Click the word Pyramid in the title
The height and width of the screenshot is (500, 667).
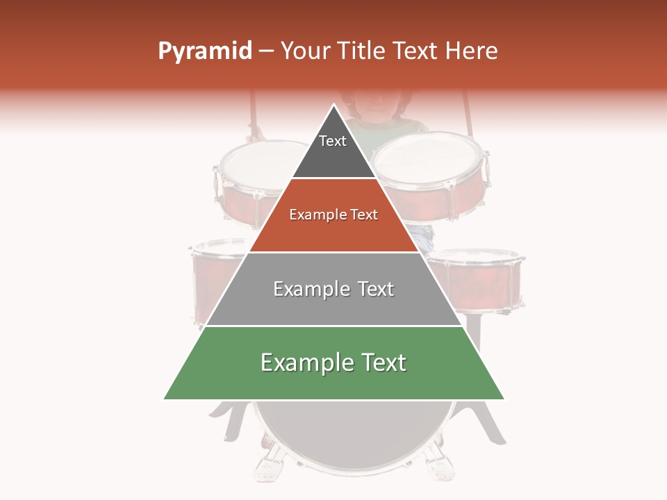click(x=204, y=51)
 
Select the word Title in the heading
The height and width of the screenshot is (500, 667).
click(x=365, y=51)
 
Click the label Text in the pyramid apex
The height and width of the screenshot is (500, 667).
click(x=333, y=141)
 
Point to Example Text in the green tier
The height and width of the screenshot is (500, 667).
click(x=333, y=362)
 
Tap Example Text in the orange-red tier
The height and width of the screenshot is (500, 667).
click(x=333, y=215)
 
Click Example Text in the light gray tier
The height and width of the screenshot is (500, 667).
click(x=333, y=289)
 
